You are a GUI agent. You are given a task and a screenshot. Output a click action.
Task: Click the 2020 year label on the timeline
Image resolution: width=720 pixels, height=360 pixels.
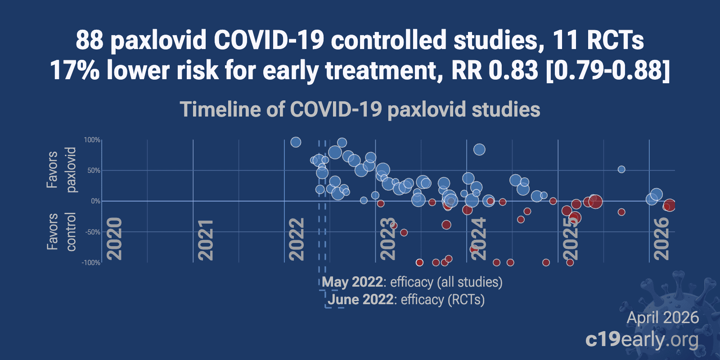(115, 238)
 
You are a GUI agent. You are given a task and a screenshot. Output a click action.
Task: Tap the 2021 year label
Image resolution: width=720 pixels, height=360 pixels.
(205, 239)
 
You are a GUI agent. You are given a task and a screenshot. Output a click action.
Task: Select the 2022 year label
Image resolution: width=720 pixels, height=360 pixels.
(297, 239)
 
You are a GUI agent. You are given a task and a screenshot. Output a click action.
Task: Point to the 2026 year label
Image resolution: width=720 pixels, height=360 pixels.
(661, 238)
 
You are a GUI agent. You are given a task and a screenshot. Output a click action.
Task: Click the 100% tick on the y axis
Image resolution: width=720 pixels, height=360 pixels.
(92, 140)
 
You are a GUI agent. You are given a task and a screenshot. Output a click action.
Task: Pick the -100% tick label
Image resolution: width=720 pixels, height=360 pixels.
(91, 263)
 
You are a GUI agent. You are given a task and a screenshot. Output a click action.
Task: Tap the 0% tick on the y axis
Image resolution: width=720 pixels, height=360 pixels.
(95, 201)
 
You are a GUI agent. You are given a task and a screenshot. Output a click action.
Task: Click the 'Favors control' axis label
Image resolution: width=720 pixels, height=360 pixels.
(61, 232)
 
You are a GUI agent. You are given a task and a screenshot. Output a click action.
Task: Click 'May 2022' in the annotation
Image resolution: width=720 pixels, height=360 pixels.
(353, 282)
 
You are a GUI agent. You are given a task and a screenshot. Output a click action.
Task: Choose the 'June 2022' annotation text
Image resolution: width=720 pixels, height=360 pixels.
(360, 300)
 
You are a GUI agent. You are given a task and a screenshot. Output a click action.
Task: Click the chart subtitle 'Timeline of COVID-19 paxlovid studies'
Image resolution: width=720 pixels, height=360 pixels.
(360, 110)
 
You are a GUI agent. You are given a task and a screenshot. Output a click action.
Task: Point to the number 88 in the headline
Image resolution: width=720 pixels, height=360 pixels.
(90, 40)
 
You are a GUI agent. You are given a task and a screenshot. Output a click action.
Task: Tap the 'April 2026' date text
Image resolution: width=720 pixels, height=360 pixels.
(662, 318)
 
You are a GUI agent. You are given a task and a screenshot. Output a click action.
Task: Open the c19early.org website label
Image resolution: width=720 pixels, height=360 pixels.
(642, 340)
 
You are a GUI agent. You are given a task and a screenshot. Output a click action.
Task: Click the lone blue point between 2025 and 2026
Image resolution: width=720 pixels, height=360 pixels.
(621, 169)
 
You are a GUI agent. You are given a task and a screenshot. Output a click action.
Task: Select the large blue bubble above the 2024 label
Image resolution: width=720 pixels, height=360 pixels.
(479, 149)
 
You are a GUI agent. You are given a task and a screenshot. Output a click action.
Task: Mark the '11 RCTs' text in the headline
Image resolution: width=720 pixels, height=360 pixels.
(598, 40)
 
